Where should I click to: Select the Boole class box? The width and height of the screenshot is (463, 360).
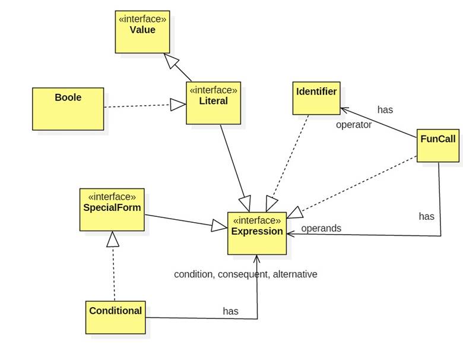(x=68, y=108)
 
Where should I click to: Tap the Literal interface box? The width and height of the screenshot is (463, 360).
(x=213, y=103)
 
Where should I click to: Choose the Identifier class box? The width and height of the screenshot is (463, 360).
(x=316, y=98)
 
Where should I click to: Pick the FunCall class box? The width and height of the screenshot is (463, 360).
(x=438, y=145)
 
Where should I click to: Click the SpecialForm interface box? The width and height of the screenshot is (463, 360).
(x=112, y=210)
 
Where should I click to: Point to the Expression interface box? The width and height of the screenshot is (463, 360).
(x=256, y=233)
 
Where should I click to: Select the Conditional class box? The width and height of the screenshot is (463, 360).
(x=115, y=317)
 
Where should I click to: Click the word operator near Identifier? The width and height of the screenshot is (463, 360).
(x=354, y=125)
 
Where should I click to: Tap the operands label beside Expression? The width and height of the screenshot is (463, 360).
(x=321, y=228)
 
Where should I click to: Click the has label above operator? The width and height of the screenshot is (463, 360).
(x=385, y=109)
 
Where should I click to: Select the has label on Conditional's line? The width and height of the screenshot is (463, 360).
(x=230, y=311)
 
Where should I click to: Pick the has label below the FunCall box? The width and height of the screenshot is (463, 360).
(x=426, y=216)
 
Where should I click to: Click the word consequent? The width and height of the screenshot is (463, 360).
(x=243, y=274)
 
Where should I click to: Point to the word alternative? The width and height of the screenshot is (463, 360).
(x=294, y=274)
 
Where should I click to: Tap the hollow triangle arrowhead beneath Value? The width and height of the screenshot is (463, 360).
(x=170, y=60)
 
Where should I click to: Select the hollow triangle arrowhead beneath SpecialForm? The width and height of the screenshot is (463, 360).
(x=113, y=239)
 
